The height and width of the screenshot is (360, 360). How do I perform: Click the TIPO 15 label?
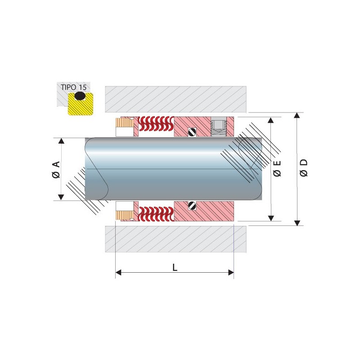pos(74,87)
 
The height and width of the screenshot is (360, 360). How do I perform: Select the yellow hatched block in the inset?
pos(81,104)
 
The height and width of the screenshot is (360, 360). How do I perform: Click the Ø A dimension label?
pos(56,170)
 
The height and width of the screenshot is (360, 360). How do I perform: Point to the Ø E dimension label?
pos(277,168)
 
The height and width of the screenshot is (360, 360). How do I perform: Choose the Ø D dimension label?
pos(303,168)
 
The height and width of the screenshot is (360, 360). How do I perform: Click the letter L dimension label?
pos(175,267)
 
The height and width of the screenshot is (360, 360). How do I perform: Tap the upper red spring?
pos(156,123)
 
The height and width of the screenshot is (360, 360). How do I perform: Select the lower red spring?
pos(156,214)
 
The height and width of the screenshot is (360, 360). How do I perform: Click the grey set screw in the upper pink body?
pos(219,127)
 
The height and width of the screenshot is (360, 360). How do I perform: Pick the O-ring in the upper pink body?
pos(192,132)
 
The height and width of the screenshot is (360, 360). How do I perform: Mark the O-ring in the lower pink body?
pos(192,206)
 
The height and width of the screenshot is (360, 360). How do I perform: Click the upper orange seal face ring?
pos(125,122)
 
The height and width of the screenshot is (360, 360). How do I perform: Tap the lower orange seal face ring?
pos(125,216)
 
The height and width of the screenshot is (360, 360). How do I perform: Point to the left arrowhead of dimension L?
pos(118,273)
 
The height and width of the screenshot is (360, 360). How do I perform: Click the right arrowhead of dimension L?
pos(231,273)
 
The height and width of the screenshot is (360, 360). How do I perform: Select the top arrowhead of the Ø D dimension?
pos(297,115)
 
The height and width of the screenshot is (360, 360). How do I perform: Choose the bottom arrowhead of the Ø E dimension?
pos(271,218)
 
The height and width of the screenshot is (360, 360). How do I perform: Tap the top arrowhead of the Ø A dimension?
pos(61,141)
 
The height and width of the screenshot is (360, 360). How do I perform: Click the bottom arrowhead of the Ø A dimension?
pos(61,197)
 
